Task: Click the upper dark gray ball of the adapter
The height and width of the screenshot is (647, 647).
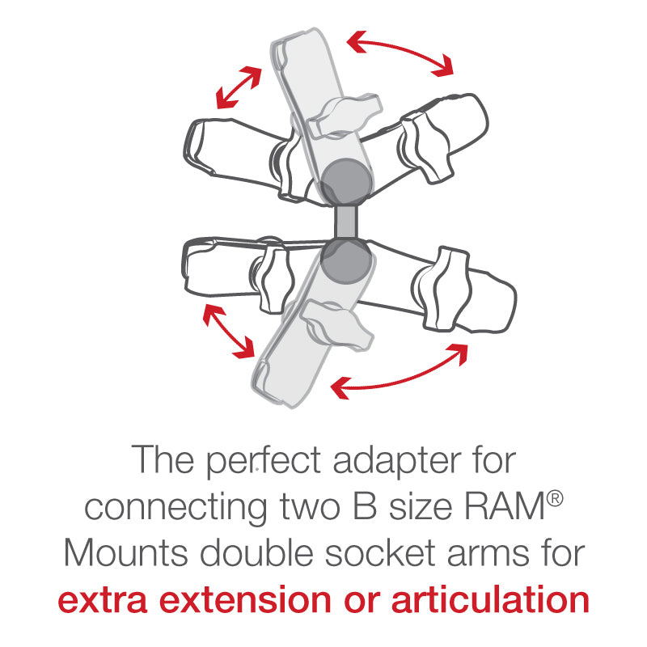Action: pos(345,181)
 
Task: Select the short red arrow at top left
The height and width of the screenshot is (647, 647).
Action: pos(239,87)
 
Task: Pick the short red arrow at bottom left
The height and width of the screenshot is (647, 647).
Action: pos(228,331)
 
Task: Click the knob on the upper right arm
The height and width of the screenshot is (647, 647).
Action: pos(425,146)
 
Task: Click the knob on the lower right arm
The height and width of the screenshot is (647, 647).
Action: pos(442,288)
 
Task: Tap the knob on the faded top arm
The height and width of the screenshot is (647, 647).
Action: pos(344,116)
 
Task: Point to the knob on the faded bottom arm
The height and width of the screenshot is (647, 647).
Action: pos(337,324)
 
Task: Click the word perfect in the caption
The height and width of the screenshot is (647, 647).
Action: pos(264,459)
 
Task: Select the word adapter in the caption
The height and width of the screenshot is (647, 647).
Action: pos(397,460)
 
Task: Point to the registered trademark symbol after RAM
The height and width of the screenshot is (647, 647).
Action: pos(555,498)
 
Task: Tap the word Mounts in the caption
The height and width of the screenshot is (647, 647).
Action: pos(127,552)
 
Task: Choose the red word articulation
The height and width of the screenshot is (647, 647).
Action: pos(490,599)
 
